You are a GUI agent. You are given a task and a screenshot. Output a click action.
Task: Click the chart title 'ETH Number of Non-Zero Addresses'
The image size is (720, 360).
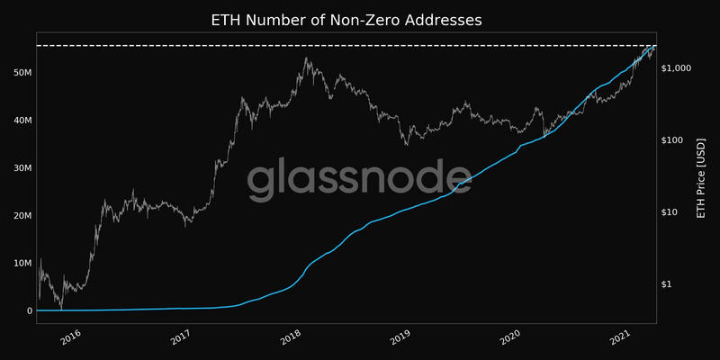(360, 19)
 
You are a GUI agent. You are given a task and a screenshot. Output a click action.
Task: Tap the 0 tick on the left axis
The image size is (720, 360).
(29, 310)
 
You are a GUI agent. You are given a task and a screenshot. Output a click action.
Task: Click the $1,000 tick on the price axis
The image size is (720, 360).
(675, 68)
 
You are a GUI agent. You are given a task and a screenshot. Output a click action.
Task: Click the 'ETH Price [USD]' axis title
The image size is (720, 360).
(701, 178)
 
